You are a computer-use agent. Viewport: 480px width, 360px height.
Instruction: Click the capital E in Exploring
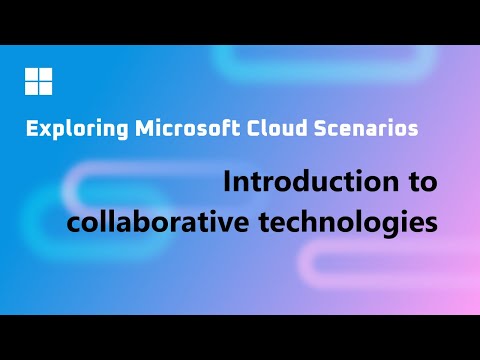click(31, 129)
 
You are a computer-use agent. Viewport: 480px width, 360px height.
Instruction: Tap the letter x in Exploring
click(42, 130)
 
